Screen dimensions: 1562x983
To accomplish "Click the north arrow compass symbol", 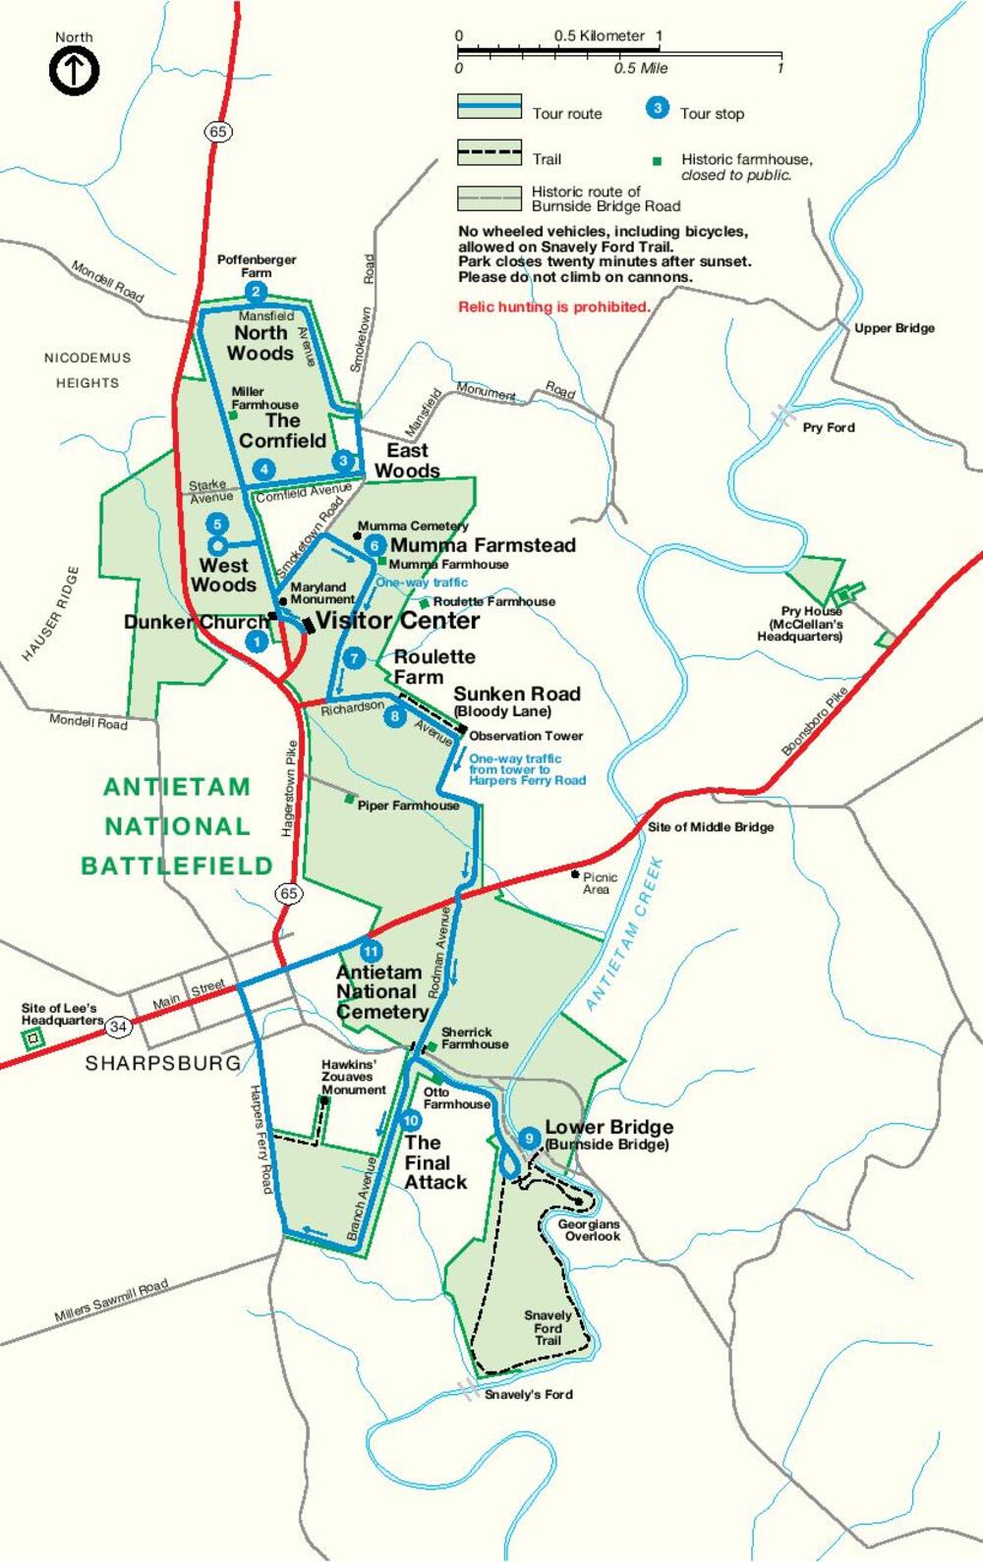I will point(74,71).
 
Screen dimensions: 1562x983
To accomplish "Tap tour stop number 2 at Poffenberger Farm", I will point(256,292).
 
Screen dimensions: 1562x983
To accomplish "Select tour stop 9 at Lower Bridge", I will point(529,1139).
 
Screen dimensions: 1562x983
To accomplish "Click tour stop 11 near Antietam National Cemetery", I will point(370,951).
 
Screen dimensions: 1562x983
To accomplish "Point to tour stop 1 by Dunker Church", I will point(256,642).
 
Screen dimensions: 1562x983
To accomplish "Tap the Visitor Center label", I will point(397,621).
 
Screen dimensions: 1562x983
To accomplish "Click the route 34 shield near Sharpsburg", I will point(118,1027).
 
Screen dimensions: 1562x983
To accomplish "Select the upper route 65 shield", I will point(217,132).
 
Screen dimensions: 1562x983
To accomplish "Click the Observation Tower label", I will point(526,736).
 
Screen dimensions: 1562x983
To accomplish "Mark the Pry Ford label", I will point(828,427).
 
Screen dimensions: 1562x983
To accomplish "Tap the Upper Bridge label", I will point(894,328).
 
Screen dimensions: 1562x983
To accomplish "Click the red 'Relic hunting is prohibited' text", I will point(553,307).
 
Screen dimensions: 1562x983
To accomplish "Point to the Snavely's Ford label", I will point(528,1394).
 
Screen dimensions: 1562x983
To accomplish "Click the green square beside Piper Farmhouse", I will point(349,800).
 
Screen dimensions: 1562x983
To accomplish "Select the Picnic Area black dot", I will point(575,873).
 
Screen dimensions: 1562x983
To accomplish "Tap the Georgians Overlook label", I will point(589,1230).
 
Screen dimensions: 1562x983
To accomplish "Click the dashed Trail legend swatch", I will point(489,152).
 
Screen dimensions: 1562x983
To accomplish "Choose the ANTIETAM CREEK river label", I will point(625,933).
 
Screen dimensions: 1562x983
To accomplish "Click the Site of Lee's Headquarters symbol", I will point(34,1037).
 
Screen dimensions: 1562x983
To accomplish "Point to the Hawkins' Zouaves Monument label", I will point(353,1077).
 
